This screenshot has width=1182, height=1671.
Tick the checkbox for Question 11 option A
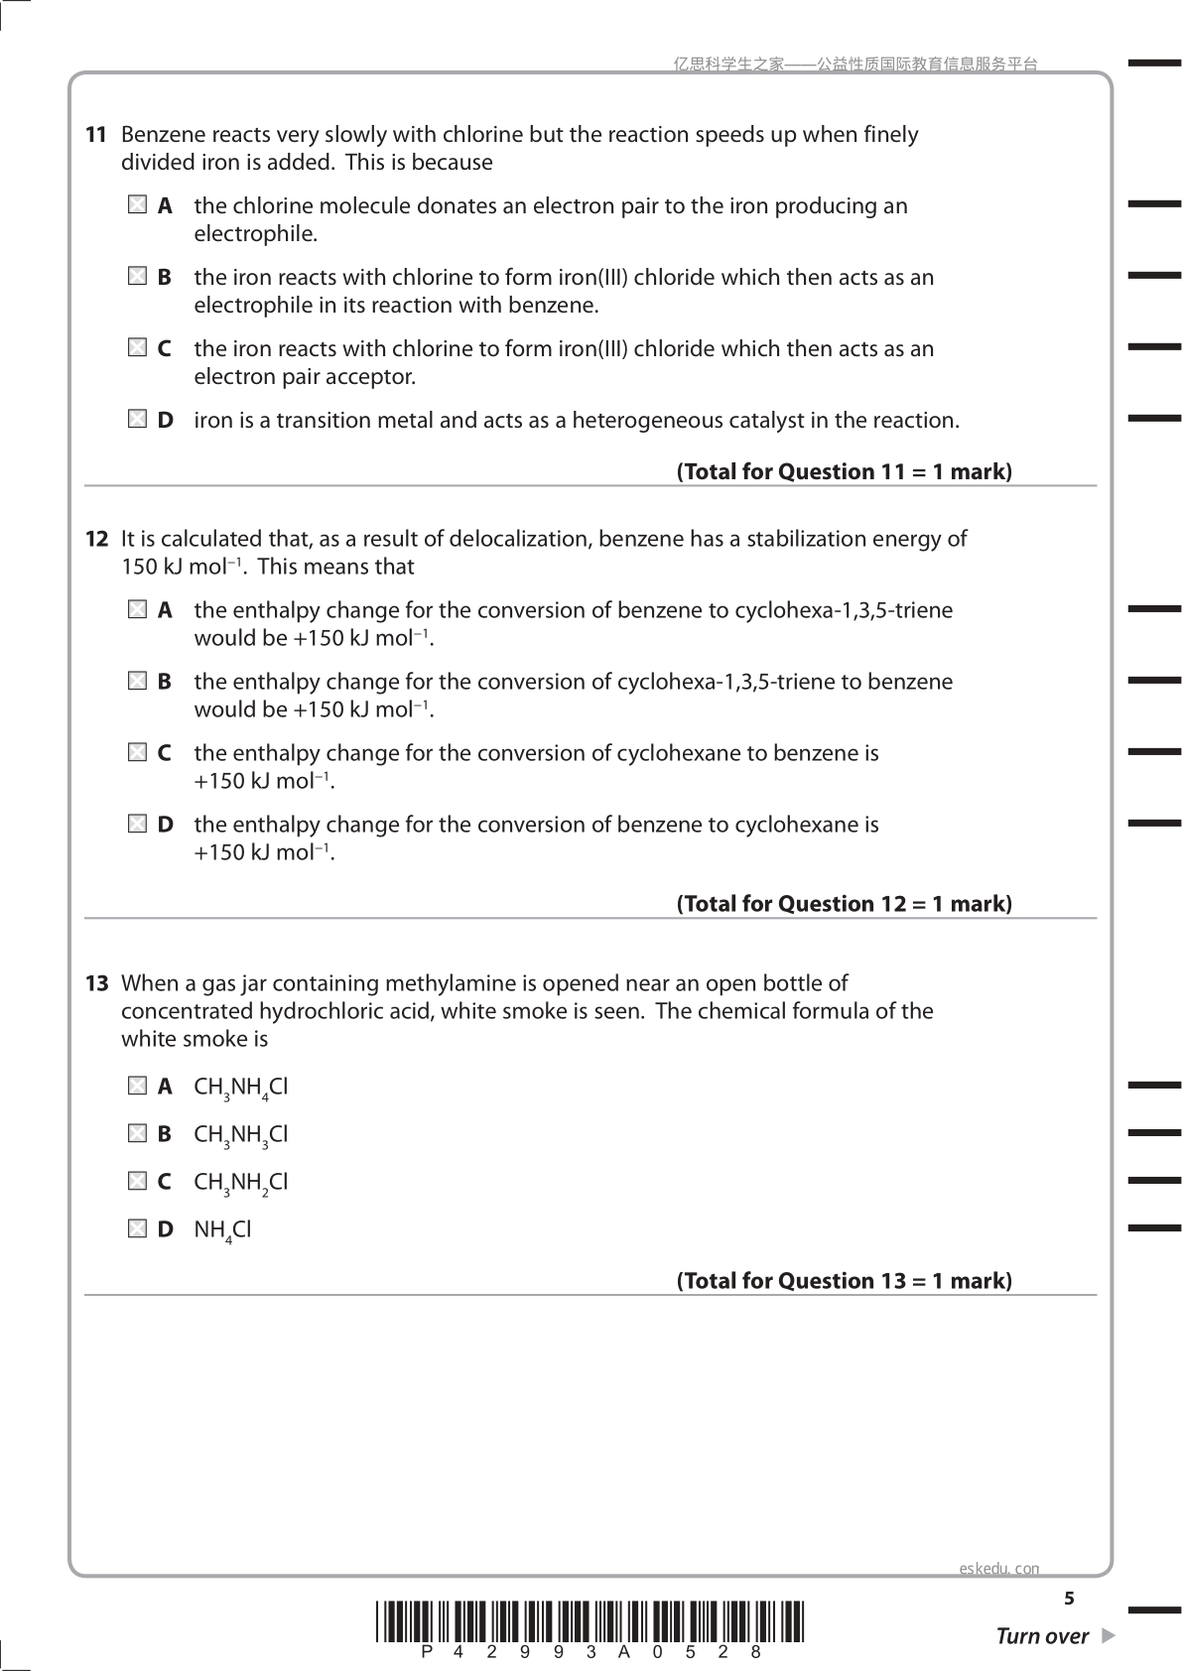pos(137,205)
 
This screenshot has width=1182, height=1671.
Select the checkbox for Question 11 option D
pos(137,420)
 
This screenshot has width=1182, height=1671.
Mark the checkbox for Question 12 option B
pos(137,682)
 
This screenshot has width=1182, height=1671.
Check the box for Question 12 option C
pos(137,753)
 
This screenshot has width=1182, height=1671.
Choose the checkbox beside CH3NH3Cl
pos(137,1133)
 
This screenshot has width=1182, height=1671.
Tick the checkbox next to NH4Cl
pos(137,1228)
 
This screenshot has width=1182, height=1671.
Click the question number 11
pos(96,135)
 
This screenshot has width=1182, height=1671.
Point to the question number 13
pos(96,983)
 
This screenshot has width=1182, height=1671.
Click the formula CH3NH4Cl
pos(240,1088)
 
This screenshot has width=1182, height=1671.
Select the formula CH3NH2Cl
pos(240,1183)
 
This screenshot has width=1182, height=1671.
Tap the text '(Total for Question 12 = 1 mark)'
pos(844,904)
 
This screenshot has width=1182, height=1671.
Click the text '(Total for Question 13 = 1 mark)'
pos(844,1281)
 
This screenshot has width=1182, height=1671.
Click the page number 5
pos(1069,1599)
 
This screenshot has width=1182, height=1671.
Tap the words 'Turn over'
pos(1042,1636)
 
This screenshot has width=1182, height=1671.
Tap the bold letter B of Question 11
pos(165,278)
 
